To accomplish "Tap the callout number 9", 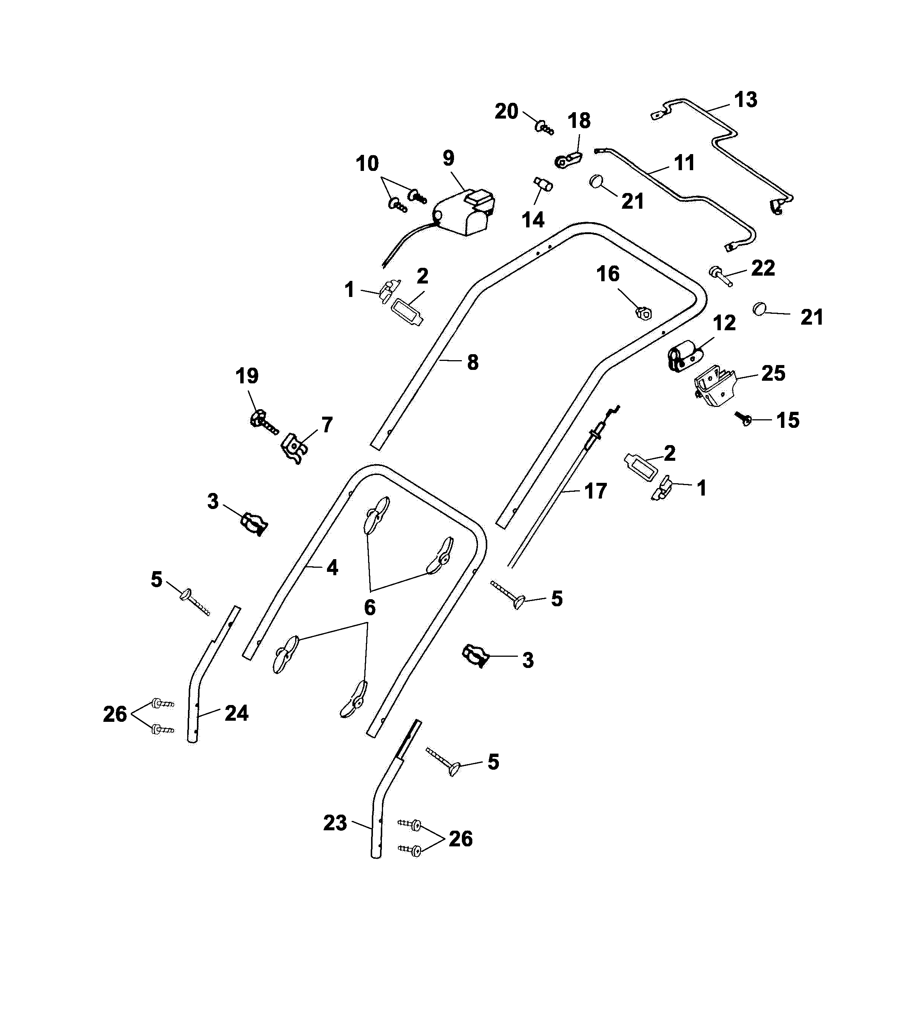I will point(448,158).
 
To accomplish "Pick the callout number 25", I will point(773,374).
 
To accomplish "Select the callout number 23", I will point(335,823).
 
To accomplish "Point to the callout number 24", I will point(236,713).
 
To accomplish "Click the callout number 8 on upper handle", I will point(473,362).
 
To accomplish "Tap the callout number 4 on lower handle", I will point(332,568).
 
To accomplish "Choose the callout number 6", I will point(370,607).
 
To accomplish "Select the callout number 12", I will point(724,323).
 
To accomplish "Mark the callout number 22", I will point(762,268).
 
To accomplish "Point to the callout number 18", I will point(579,121).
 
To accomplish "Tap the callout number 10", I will point(367,164).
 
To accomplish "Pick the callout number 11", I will point(684,163).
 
